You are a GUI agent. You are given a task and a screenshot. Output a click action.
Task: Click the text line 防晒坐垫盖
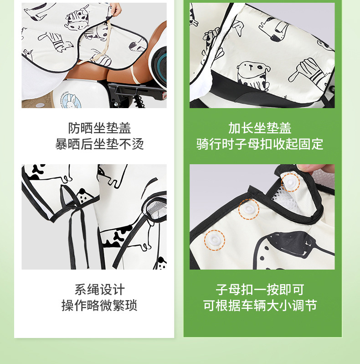click(99, 128)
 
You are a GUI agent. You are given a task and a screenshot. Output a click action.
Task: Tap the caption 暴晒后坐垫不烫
click(99, 144)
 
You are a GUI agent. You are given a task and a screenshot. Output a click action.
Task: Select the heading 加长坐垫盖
click(260, 128)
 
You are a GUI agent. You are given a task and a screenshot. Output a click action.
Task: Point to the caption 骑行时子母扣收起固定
click(260, 144)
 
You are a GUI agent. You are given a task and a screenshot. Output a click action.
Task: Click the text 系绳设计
click(99, 290)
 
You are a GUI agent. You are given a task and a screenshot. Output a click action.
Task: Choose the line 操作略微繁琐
click(99, 306)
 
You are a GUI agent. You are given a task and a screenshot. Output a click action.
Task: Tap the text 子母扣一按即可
click(260, 290)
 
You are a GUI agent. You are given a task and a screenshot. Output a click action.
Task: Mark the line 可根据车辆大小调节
click(260, 306)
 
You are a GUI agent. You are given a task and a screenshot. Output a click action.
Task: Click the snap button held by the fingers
click(291, 182)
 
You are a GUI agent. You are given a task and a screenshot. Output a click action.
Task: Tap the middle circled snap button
click(249, 209)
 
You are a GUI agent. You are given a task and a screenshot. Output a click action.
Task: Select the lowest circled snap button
click(215, 240)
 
